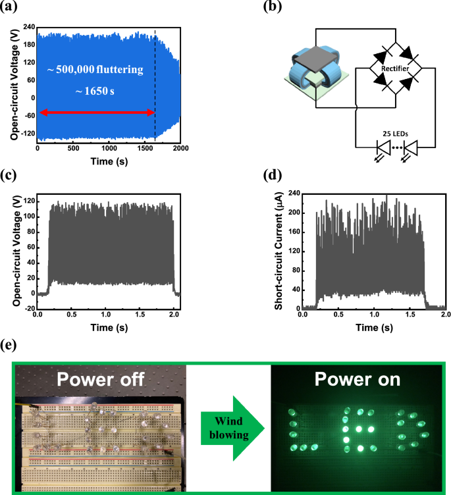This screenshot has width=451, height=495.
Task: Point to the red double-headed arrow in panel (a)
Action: [96, 113]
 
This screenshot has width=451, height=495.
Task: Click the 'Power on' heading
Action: [358, 381]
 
